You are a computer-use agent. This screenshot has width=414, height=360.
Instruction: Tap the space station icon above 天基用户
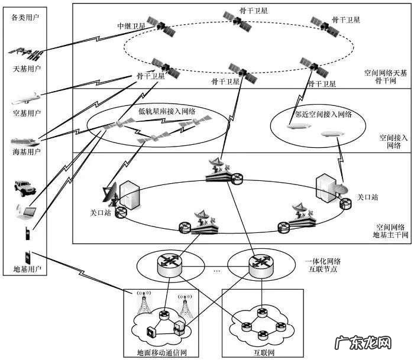pyautogui.click(x=27, y=54)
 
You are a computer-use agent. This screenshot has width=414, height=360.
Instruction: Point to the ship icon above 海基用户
pyautogui.click(x=25, y=141)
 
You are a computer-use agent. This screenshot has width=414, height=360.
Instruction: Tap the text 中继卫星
pyautogui.click(x=130, y=27)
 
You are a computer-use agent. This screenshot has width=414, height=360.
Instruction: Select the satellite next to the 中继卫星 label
pyautogui.click(x=161, y=25)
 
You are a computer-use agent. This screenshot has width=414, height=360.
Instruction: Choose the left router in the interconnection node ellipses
pyautogui.click(x=170, y=264)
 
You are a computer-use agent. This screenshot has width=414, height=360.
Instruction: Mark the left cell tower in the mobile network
pyautogui.click(x=143, y=302)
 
